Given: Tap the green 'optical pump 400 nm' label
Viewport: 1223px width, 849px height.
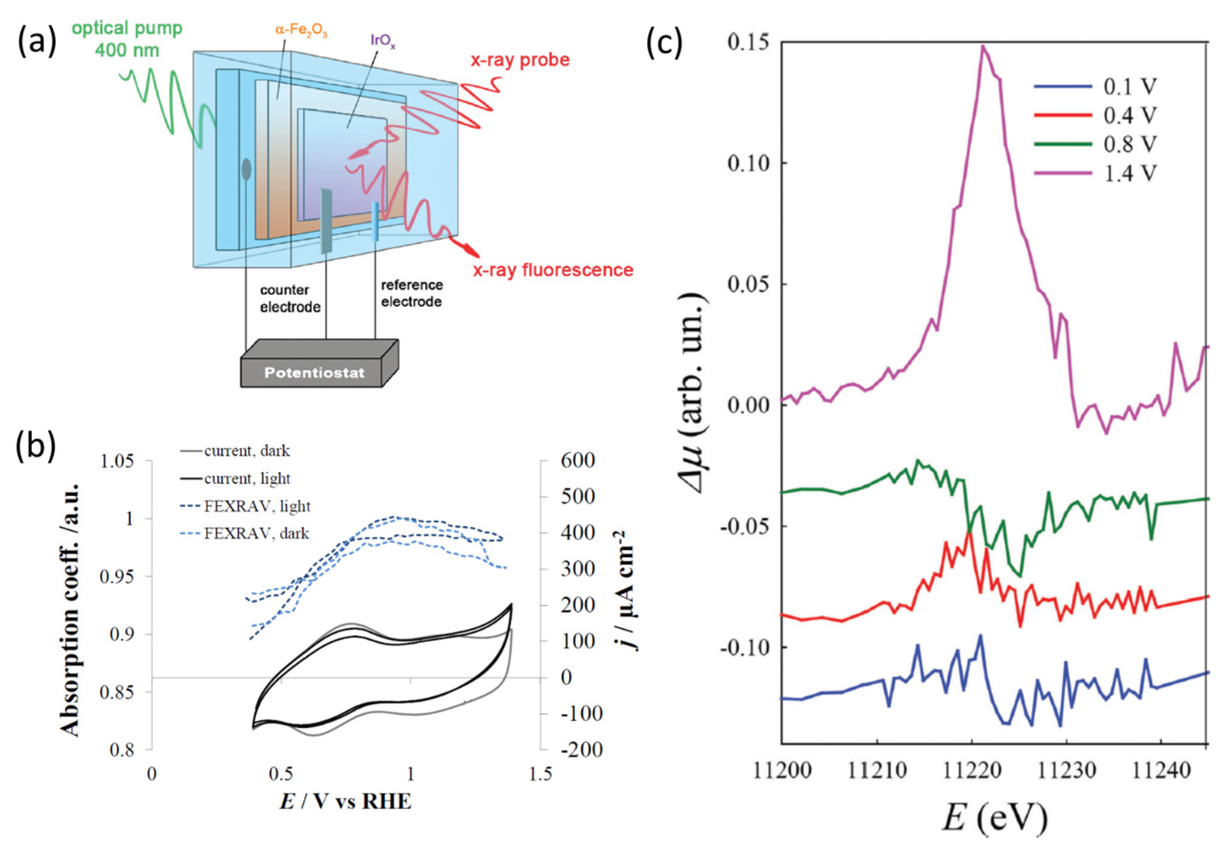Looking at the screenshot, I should point(127,39).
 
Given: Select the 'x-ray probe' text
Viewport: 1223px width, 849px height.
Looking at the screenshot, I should point(520,60).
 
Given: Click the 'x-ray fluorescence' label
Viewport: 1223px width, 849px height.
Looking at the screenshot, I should point(553,270).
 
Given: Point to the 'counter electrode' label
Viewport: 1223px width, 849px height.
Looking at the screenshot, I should point(290,299).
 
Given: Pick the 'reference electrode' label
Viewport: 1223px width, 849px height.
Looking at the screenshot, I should point(411,293).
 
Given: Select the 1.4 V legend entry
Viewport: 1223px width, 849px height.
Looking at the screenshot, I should point(1096,173).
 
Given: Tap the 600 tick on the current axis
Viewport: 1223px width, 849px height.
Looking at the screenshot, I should point(577,460).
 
